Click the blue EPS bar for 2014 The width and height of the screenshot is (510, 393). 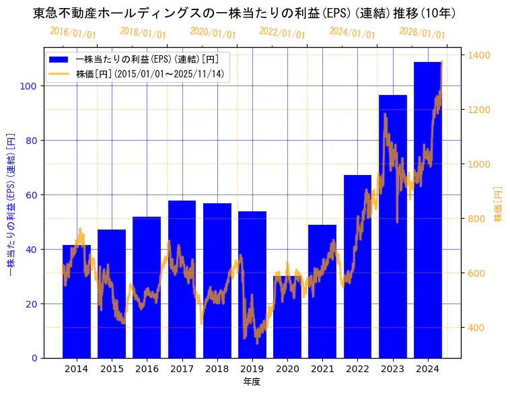(77, 303)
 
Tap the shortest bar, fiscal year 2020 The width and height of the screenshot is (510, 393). (287, 316)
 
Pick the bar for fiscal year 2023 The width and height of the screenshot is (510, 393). (393, 229)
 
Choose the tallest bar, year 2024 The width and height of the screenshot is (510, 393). (428, 215)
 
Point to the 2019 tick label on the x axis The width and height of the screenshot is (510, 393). (252, 369)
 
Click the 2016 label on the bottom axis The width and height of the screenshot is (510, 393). (147, 369)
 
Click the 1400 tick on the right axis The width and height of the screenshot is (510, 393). (480, 55)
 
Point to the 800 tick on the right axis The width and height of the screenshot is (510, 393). (478, 219)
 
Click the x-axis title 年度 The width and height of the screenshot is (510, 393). (252, 382)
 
